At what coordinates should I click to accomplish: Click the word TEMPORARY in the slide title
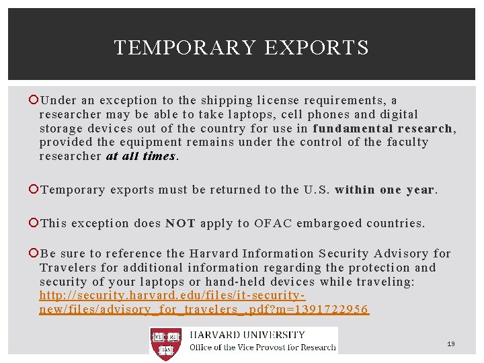click(x=186, y=48)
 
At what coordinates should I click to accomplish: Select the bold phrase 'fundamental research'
click(x=383, y=128)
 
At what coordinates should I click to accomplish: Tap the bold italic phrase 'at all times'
click(x=140, y=156)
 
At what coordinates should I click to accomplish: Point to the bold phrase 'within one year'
click(x=385, y=190)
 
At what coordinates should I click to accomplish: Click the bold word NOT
click(x=180, y=223)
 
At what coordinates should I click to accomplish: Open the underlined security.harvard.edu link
click(x=204, y=302)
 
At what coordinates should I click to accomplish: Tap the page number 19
click(x=451, y=344)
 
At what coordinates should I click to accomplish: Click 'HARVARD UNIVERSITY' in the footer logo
click(x=247, y=335)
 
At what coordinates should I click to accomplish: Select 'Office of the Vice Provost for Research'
click(x=262, y=347)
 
